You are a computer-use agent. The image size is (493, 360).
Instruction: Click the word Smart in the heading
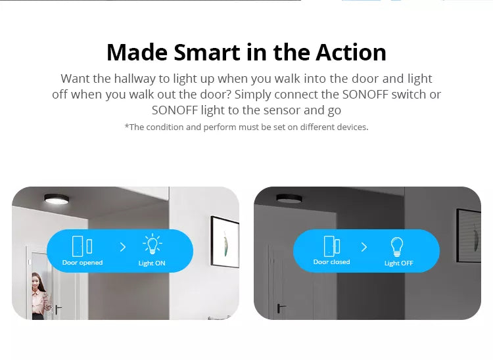pyautogui.click(x=207, y=52)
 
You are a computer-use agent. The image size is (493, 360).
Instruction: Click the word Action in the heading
pyautogui.click(x=351, y=52)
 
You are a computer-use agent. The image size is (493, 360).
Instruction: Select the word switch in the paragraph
pyautogui.click(x=407, y=94)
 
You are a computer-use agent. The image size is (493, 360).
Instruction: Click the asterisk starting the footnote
pyautogui.click(x=127, y=126)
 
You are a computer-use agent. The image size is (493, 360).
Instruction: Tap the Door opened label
pyautogui.click(x=82, y=263)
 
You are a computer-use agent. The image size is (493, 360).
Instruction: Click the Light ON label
pyautogui.click(x=152, y=263)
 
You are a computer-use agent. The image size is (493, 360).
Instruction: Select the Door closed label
pyautogui.click(x=332, y=262)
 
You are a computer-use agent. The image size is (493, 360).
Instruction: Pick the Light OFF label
pyautogui.click(x=399, y=263)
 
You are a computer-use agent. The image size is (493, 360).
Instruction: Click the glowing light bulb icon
pyautogui.click(x=153, y=244)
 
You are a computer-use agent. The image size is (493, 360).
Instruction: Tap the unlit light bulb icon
pyautogui.click(x=397, y=246)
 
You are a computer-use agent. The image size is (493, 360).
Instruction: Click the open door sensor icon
pyautogui.click(x=82, y=246)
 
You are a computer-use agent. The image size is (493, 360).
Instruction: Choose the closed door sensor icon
pyautogui.click(x=332, y=246)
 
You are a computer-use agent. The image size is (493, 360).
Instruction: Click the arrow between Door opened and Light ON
pyautogui.click(x=123, y=247)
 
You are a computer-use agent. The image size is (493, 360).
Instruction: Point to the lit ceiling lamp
pyautogui.click(x=57, y=199)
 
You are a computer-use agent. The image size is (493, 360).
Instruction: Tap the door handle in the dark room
pyautogui.click(x=281, y=308)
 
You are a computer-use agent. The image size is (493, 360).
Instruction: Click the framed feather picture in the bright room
pyautogui.click(x=225, y=242)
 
